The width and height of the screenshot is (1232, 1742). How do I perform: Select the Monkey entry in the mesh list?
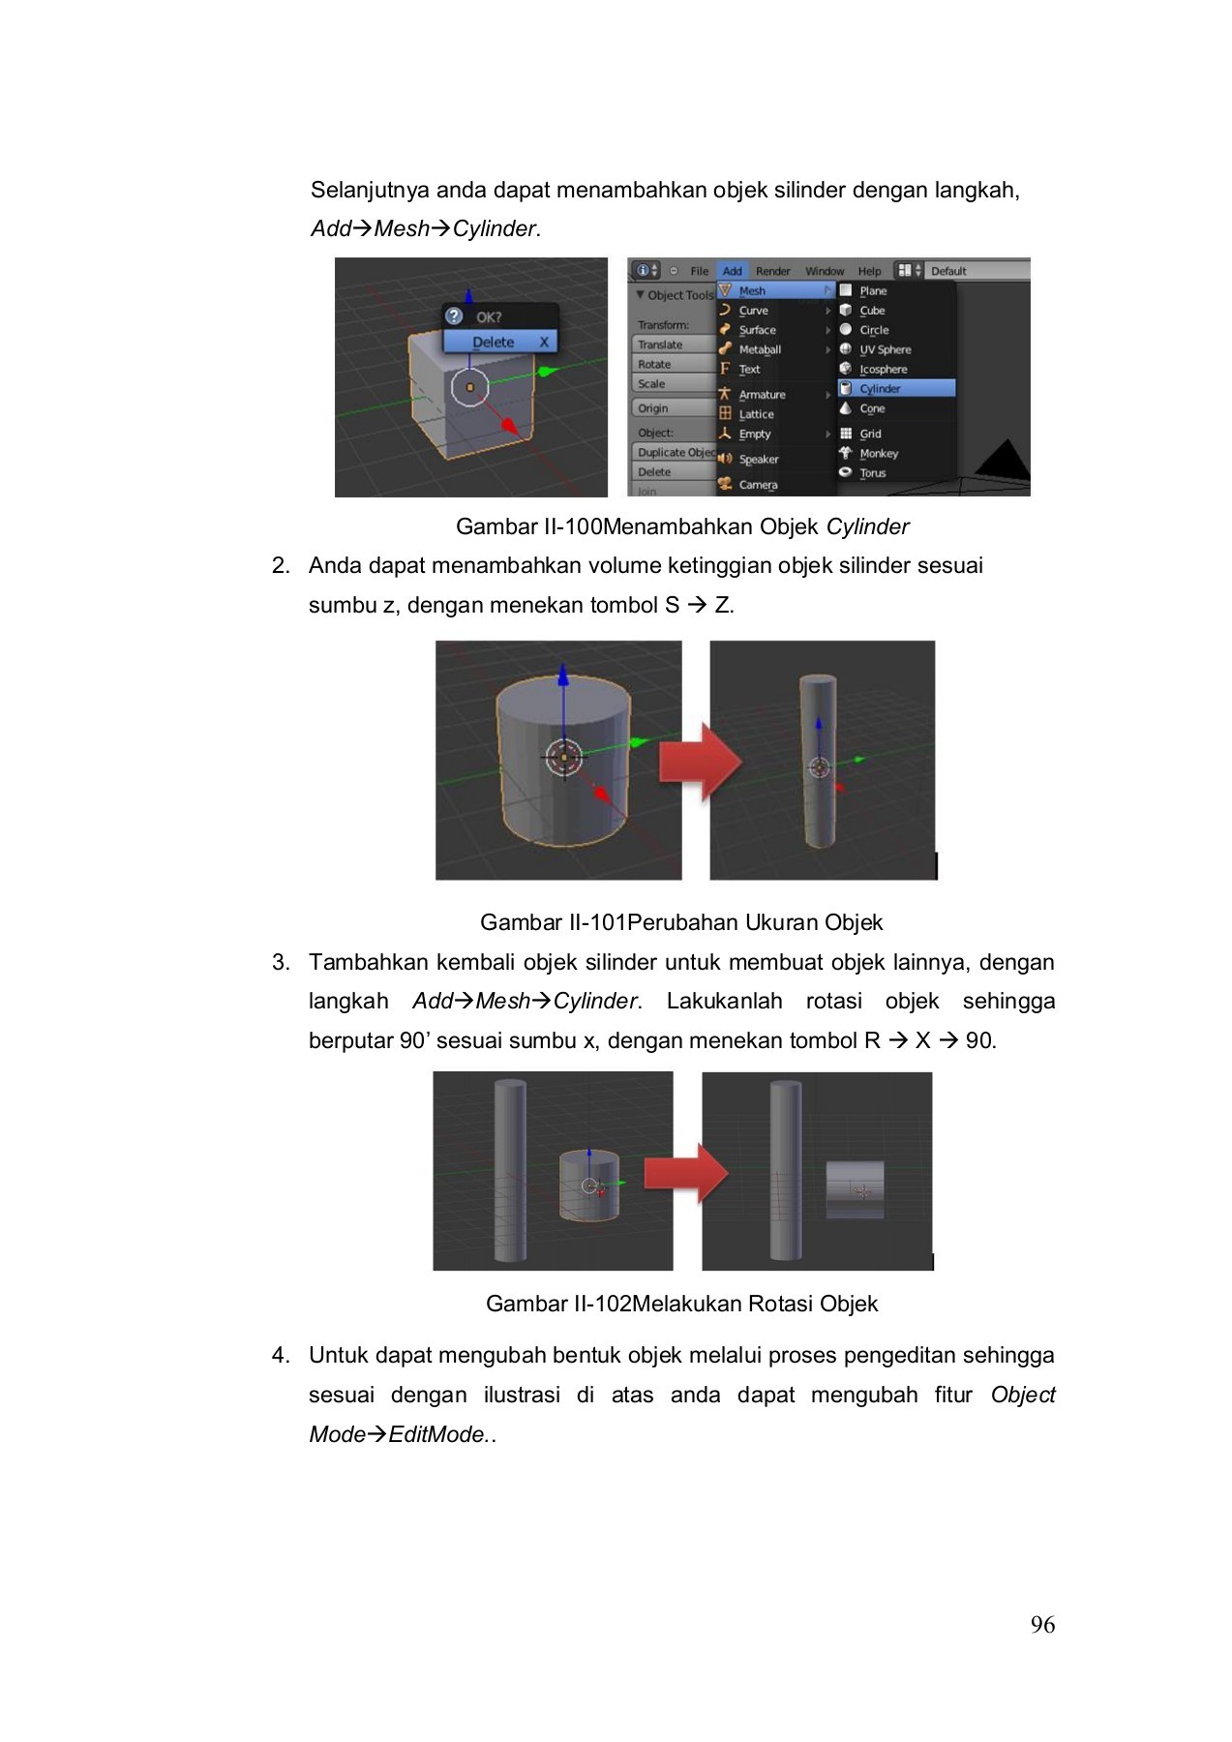[x=878, y=453]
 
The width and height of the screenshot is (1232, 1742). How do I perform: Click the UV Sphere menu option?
[x=884, y=349]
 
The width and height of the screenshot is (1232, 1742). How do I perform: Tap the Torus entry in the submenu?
[x=872, y=473]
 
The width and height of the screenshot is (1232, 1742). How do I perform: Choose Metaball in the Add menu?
[x=759, y=349]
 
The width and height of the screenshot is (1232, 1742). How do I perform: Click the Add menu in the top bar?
[x=732, y=271]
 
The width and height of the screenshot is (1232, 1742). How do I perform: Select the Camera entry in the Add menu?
[x=757, y=485]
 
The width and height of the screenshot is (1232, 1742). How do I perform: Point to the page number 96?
[x=1042, y=1625]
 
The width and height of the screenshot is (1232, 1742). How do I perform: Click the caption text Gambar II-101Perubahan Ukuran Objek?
[x=681, y=922]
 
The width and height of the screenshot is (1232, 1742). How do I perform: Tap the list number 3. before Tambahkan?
[x=281, y=962]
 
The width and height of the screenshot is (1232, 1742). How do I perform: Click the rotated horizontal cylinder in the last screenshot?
[x=855, y=1189]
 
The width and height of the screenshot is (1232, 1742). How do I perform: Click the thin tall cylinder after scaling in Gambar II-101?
[x=819, y=760]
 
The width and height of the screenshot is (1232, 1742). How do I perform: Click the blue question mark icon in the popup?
[x=454, y=316]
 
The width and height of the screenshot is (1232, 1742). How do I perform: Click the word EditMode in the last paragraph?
[x=437, y=1434]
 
